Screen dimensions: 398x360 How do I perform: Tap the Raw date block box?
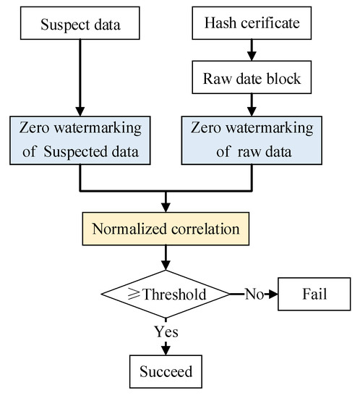click(251, 77)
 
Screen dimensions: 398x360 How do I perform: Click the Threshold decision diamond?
click(167, 295)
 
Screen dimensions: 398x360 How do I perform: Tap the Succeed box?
click(167, 371)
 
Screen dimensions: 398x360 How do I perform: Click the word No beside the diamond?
click(253, 295)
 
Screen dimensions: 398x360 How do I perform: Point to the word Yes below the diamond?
click(167, 332)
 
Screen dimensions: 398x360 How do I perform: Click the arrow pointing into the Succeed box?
click(167, 349)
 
